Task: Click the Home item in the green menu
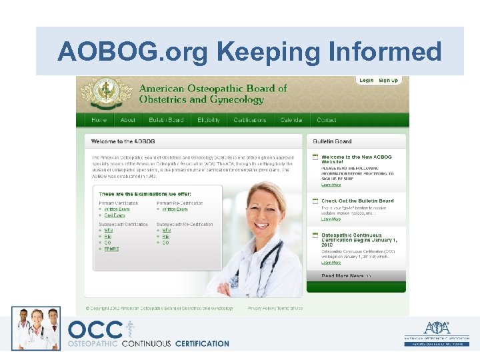coord(99,120)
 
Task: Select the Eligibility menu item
coord(209,120)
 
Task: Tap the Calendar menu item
coord(291,120)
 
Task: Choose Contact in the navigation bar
coord(327,120)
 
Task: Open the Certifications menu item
coord(250,120)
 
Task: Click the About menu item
coord(128,120)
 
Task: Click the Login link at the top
coord(366,81)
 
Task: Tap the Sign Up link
coord(388,81)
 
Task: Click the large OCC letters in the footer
coord(95,330)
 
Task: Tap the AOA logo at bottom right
coord(437,331)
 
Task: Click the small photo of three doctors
coord(36,328)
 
